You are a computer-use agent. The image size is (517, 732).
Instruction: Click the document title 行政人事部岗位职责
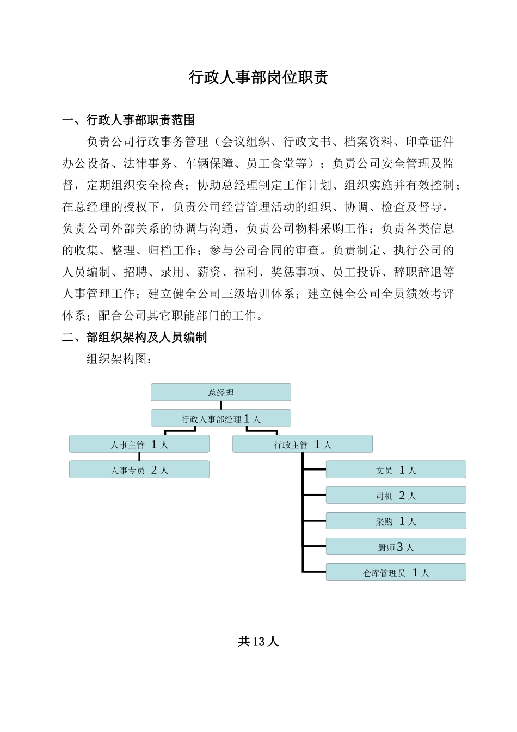coord(258,78)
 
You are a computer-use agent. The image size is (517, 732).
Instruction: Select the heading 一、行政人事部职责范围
coord(128,120)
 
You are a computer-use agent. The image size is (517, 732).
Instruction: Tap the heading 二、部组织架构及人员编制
coord(134,338)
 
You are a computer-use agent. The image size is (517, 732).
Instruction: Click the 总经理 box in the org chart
coord(221,393)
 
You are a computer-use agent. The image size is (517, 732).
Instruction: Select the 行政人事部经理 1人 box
coord(221,418)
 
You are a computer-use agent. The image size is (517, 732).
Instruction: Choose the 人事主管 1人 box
coord(139,444)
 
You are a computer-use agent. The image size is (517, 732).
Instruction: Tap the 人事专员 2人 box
coord(139,469)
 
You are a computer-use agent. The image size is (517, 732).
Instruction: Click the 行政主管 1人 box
coord(303,444)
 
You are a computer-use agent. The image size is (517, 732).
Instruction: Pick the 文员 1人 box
coord(396,469)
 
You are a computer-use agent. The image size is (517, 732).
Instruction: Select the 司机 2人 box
coord(396,495)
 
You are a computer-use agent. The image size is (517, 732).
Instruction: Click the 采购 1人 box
coord(396,521)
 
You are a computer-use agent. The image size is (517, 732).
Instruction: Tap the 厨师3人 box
coord(396,546)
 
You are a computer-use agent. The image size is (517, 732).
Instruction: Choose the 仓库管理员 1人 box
coord(396,572)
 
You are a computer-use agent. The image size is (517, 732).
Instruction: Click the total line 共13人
coord(258,642)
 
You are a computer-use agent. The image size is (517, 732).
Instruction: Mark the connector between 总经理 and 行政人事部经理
coord(221,405)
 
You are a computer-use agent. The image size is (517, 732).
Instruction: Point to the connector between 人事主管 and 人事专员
coord(139,456)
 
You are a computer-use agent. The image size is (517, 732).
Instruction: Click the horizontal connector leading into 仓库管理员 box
coord(314,572)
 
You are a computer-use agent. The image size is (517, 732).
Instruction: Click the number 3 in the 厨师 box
coord(400,546)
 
